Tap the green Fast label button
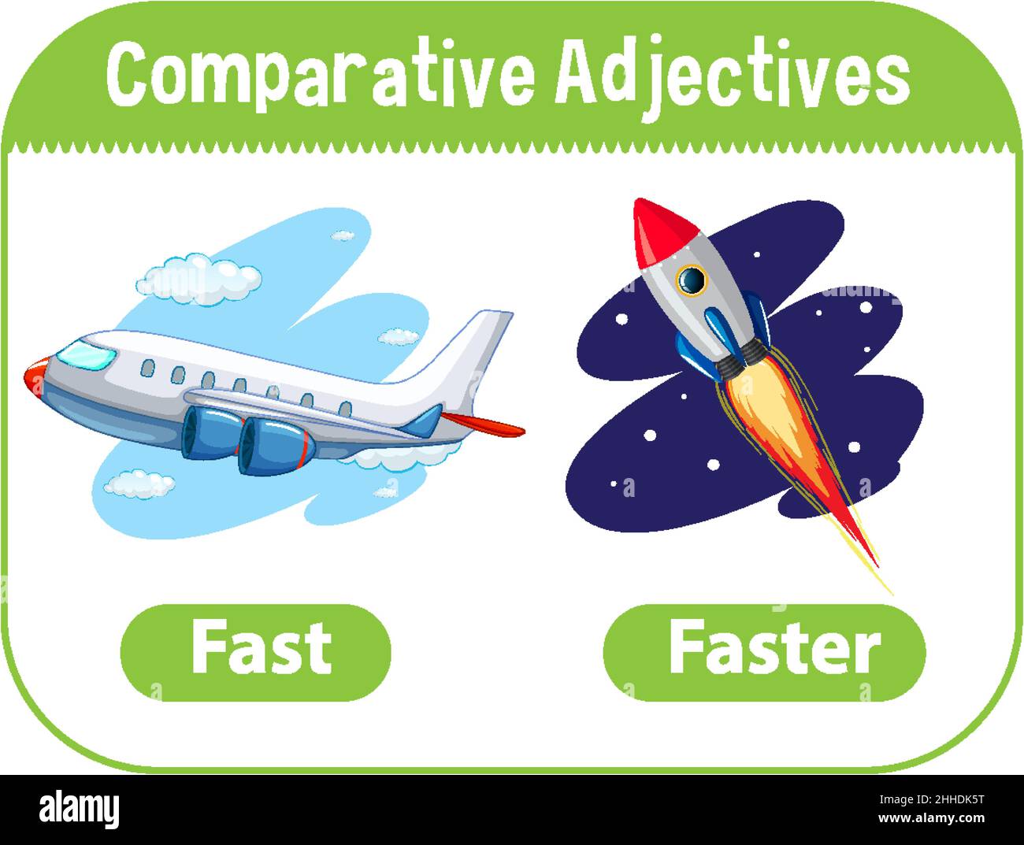(x=255, y=651)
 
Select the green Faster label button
(x=764, y=651)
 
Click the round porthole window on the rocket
(x=692, y=279)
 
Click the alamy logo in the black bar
(x=79, y=810)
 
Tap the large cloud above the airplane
(x=198, y=276)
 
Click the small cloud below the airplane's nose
(x=139, y=484)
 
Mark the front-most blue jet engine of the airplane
(x=276, y=445)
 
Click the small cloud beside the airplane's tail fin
(x=398, y=337)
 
